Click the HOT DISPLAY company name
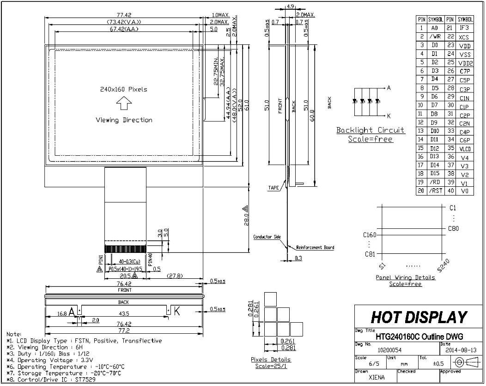pos(419,317)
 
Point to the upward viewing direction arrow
pos(123,105)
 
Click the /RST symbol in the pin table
pos(435,191)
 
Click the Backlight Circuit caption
pos(370,130)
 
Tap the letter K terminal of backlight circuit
pos(389,116)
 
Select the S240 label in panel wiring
pos(443,265)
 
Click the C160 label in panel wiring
pos(370,235)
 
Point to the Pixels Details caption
pos(271,359)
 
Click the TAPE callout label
pos(273,188)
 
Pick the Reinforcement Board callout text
pos(315,247)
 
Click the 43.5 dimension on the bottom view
pos(123,313)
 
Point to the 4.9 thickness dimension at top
pos(291,6)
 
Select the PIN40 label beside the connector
pos(150,258)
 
